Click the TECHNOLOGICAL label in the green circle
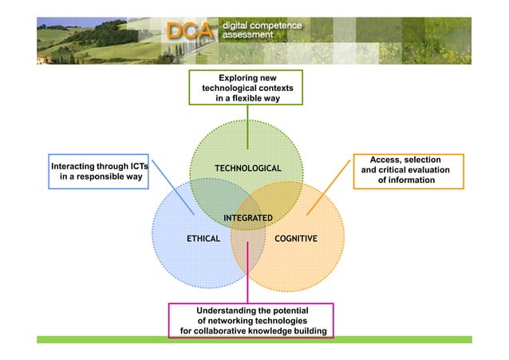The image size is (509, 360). tap(247, 168)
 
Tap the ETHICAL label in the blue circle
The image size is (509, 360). tap(203, 239)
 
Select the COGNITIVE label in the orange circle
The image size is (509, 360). tap(295, 239)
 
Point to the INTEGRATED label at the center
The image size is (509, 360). tap(247, 218)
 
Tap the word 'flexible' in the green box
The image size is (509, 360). tap(248, 97)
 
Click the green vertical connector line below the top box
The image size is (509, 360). tap(247, 128)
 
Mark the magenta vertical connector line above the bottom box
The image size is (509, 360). tap(247, 275)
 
